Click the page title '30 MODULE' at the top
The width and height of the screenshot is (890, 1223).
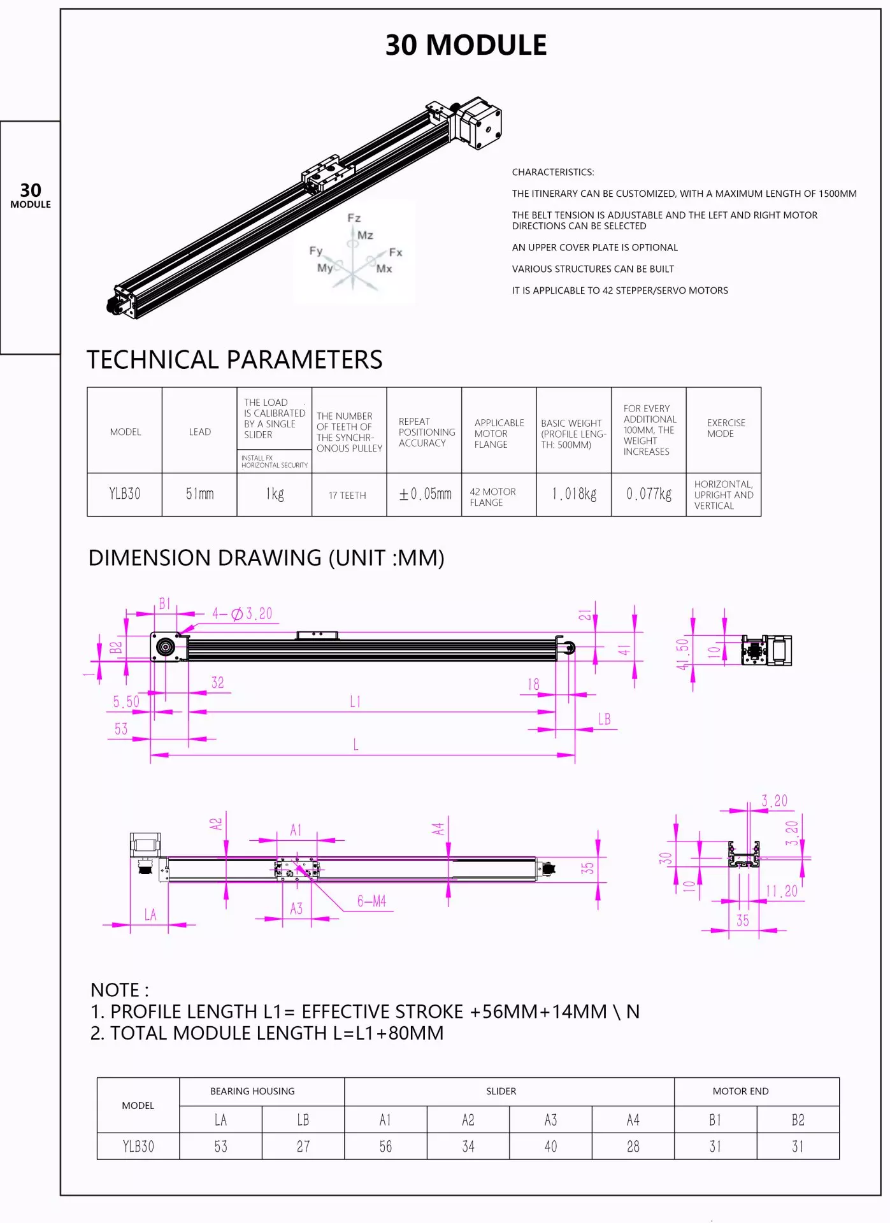[x=466, y=45]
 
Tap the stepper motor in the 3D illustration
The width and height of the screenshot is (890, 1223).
[x=480, y=122]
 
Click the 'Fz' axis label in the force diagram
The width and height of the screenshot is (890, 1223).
[x=354, y=218]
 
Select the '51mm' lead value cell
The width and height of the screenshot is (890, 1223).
[x=199, y=494]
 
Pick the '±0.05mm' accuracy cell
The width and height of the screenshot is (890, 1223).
[x=424, y=494]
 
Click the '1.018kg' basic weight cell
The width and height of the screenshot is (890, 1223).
[x=574, y=494]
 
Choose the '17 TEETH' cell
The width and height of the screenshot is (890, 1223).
[x=348, y=495]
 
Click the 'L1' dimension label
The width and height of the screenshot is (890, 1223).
[x=355, y=701]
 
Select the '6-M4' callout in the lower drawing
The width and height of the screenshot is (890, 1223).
[x=371, y=901]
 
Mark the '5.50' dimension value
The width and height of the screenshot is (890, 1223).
[x=126, y=701]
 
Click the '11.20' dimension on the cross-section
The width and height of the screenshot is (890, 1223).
[x=781, y=890]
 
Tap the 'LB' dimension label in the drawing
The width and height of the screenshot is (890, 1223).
[x=604, y=719]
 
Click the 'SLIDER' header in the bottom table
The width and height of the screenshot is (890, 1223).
[x=501, y=1091]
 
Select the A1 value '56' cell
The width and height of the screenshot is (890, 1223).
[x=385, y=1146]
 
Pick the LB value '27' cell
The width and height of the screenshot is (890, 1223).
[x=303, y=1146]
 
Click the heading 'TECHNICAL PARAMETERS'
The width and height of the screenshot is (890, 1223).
[x=234, y=360]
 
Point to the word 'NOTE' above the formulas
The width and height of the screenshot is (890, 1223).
[x=115, y=990]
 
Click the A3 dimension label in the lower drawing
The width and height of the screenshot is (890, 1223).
[x=296, y=908]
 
